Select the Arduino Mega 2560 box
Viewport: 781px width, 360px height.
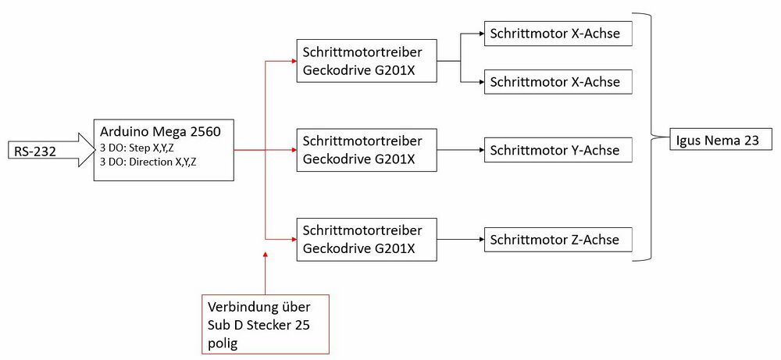(x=164, y=150)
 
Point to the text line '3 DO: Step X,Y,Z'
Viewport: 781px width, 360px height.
(x=137, y=148)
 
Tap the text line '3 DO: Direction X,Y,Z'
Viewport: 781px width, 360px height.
(x=148, y=162)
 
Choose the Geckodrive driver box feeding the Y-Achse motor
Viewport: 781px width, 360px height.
(x=366, y=150)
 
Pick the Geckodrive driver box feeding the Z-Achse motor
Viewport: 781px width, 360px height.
(x=366, y=240)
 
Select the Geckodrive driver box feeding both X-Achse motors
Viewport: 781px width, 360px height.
(x=366, y=61)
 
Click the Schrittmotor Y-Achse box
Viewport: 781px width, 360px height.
(x=558, y=151)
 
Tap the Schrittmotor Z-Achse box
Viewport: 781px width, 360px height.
(x=558, y=240)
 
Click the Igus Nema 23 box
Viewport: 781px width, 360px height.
(x=717, y=140)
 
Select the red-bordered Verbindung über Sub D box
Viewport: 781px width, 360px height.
(x=266, y=324)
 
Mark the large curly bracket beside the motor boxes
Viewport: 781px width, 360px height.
(x=651, y=137)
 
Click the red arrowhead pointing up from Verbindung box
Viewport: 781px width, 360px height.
(x=265, y=255)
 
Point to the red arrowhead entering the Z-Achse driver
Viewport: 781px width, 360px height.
(x=293, y=240)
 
